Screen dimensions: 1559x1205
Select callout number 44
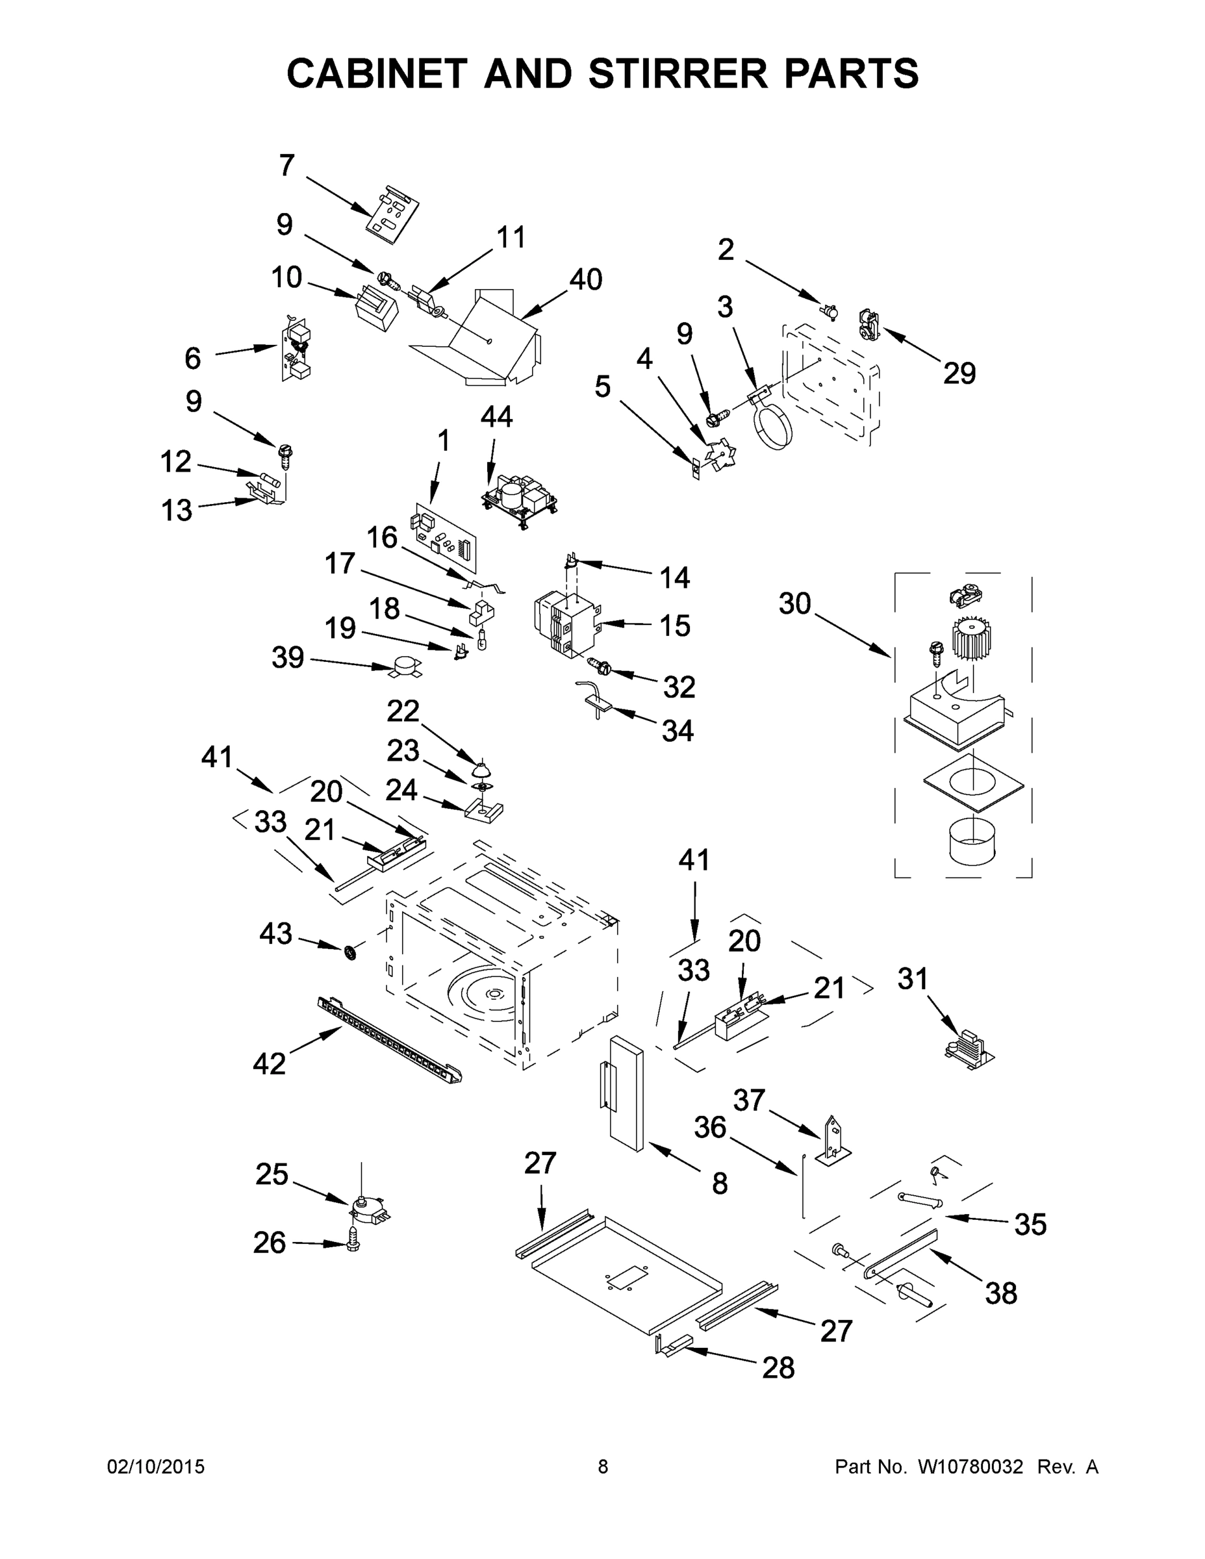(x=496, y=416)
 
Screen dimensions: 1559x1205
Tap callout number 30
(x=794, y=604)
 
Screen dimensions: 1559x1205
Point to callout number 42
(x=269, y=1063)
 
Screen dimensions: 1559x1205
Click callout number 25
(x=272, y=1174)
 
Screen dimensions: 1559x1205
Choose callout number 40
(x=585, y=279)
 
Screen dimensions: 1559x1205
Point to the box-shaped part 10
(x=377, y=308)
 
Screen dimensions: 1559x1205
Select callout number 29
(x=959, y=374)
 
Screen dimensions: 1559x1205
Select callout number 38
(x=1001, y=1293)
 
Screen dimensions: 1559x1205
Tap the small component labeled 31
(x=969, y=1049)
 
